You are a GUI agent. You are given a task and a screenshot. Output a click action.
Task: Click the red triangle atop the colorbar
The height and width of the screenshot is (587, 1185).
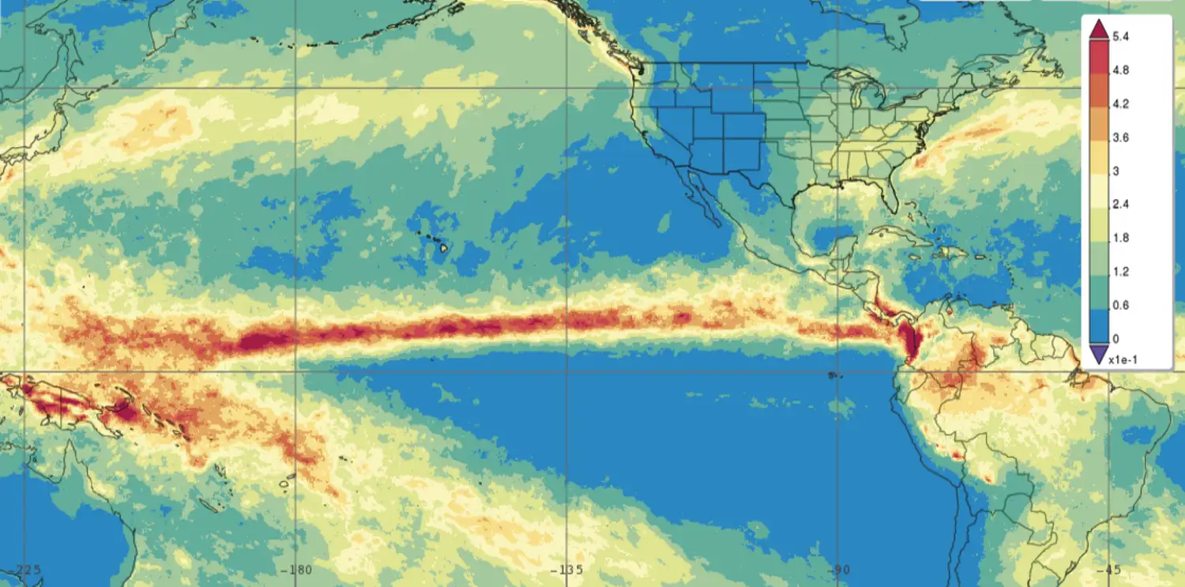click(x=1098, y=29)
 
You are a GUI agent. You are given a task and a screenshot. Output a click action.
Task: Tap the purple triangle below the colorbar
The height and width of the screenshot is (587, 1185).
click(x=1098, y=356)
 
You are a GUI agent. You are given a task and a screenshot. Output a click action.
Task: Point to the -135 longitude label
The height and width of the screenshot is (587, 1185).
click(x=566, y=570)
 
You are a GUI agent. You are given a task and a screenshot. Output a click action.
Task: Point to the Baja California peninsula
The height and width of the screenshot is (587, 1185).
click(x=701, y=198)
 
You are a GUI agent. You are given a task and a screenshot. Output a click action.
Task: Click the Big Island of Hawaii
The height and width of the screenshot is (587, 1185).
click(x=444, y=247)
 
